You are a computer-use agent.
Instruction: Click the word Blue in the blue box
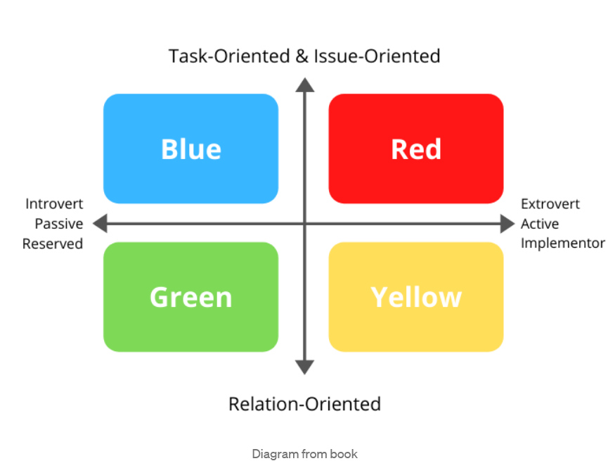tap(191, 149)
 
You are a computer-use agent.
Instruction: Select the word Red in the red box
tap(416, 149)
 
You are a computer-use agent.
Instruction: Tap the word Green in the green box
tap(190, 297)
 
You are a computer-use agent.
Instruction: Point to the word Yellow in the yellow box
tap(416, 297)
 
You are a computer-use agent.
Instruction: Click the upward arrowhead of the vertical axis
tap(305, 85)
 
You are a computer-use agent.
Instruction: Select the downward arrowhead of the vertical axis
tap(305, 367)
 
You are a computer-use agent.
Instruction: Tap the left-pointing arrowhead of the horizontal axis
tap(100, 223)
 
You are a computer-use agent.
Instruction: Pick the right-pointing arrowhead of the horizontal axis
tap(507, 223)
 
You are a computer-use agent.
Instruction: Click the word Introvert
tap(54, 204)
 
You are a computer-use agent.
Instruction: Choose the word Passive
tap(59, 224)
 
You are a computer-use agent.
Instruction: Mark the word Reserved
tap(53, 244)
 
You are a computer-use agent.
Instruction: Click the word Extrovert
tap(550, 204)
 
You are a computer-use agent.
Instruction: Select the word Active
tap(540, 224)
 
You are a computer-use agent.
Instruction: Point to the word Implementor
tap(562, 244)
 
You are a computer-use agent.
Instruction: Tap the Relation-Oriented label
tap(305, 404)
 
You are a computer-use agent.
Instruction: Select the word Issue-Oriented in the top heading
tap(377, 56)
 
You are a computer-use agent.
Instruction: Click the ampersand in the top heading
tap(302, 56)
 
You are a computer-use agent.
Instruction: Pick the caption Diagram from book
tap(305, 454)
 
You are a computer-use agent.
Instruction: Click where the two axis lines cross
tap(305, 223)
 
